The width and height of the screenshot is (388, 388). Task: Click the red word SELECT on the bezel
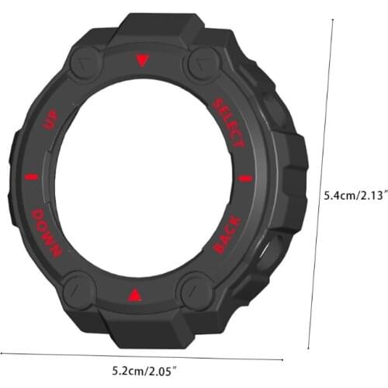[228, 123]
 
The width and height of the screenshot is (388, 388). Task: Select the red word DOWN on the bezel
[45, 232]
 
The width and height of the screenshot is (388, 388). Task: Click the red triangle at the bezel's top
[141, 61]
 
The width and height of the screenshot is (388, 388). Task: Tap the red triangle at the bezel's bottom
[135, 295]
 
